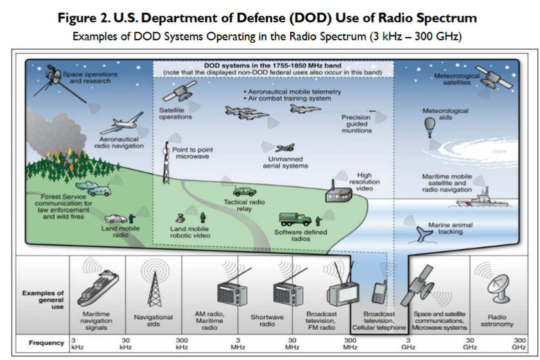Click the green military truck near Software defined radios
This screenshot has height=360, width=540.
tap(295, 219)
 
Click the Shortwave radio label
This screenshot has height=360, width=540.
tap(267, 320)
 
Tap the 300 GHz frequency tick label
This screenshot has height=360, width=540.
tap(519, 343)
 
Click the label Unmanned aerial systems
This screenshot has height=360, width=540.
tap(285, 162)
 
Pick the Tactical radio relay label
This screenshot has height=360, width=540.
tap(244, 206)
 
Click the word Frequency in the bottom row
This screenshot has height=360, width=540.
tap(46, 343)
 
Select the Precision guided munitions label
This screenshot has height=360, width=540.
tap(356, 124)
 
